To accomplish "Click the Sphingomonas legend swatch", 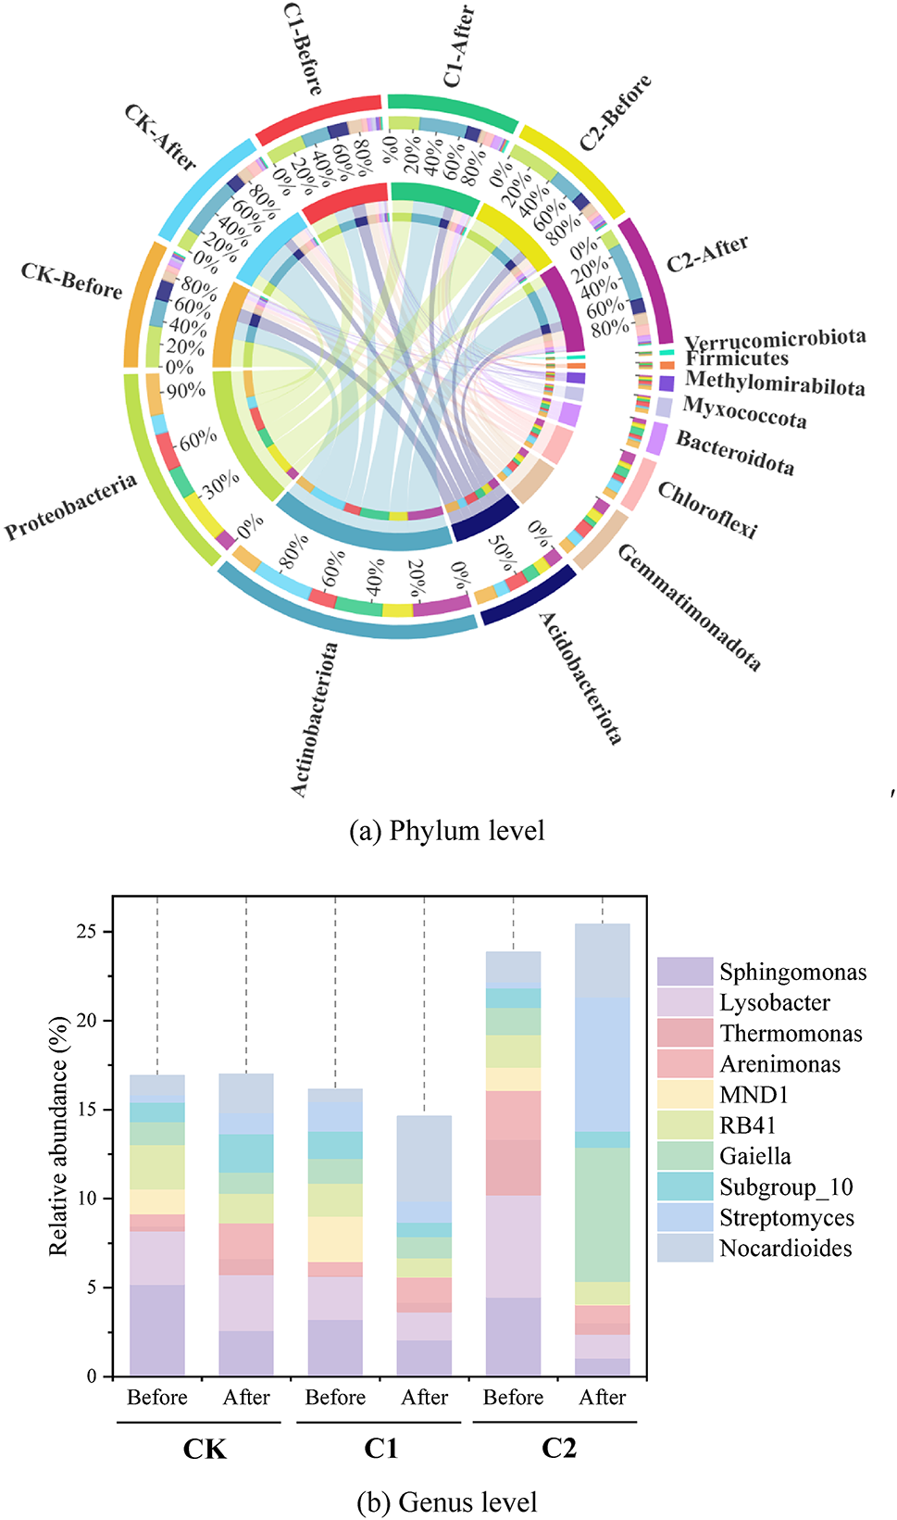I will pos(684,972).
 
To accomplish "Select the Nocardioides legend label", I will pos(785,1249).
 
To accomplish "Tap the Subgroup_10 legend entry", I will pos(786,1187).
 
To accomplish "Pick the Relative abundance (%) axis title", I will pos(58,1136).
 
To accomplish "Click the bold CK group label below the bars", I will pos(205,1449).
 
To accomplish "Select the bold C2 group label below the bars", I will pos(558,1449).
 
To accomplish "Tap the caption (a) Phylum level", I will pos(446,831).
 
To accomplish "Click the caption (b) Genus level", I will pos(446,1501).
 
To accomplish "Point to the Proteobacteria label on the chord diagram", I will pos(71,507).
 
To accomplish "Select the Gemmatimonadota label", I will pos(689,608).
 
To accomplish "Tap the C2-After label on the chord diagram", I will pos(708,254).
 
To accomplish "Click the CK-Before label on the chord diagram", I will pos(72,281).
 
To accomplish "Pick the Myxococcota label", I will pos(744,412).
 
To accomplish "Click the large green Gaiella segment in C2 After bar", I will pos(603,1214).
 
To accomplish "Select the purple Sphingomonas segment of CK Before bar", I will pos(157,1329).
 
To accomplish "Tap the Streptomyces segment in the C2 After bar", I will pos(603,1064).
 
